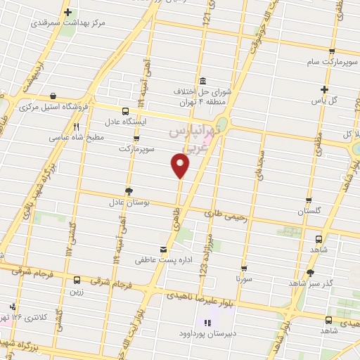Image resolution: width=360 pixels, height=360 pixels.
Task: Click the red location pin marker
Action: coord(181,165)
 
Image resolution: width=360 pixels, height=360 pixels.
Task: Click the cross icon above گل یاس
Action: coord(324,89)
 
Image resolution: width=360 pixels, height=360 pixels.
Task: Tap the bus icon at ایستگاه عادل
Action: coord(125,111)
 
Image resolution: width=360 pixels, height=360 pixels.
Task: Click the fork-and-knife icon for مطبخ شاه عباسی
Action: coord(77,127)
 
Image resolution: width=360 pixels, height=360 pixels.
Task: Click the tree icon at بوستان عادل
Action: coord(128,191)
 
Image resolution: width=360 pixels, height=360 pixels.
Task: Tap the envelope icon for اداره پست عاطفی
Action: coord(164,249)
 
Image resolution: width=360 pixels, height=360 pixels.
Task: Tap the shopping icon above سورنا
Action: coord(244,268)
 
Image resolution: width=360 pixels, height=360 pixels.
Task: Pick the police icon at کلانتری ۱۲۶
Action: coord(13,307)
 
